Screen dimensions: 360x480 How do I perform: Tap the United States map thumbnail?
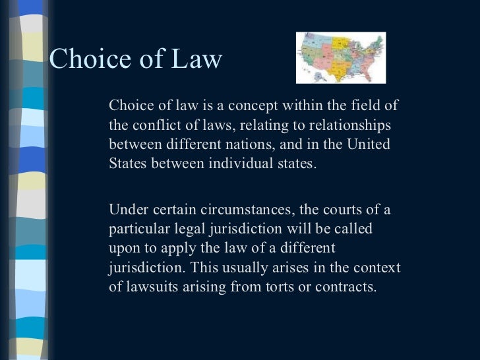pyautogui.click(x=340, y=57)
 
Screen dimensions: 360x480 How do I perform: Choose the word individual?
pyautogui.click(x=238, y=163)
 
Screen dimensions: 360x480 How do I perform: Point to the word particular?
pyautogui.click(x=136, y=229)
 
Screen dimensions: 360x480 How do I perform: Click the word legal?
pyautogui.click(x=183, y=229)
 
